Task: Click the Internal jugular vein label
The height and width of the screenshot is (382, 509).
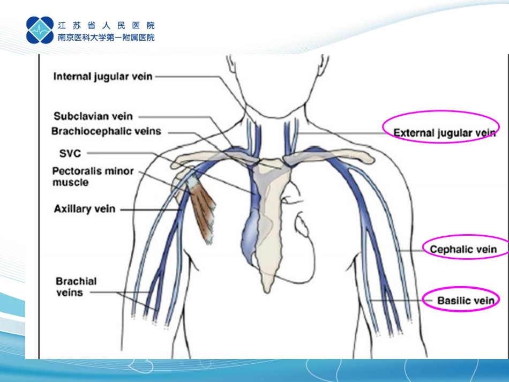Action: coord(103,77)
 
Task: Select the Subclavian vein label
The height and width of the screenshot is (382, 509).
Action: coord(93,116)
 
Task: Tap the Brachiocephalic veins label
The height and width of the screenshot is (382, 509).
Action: coord(106,131)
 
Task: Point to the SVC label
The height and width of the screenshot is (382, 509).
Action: coord(70,153)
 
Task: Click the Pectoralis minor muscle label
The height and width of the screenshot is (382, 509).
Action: coord(93,177)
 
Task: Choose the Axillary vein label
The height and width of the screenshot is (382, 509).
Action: coord(85,209)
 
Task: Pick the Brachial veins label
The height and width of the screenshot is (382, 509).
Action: coord(76,287)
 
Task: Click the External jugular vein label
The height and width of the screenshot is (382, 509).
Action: coord(444,133)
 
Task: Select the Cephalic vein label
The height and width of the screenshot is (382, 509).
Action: coord(463,249)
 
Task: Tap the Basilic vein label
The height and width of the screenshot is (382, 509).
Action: coord(466,301)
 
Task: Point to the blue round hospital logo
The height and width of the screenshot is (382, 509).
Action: coord(40,30)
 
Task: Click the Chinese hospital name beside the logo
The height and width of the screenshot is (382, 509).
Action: coord(106,32)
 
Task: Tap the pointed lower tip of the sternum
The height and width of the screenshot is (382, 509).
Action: coord(267,292)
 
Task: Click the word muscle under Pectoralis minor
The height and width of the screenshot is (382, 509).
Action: coord(70,182)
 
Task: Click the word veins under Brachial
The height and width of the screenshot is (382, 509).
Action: coord(70,293)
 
